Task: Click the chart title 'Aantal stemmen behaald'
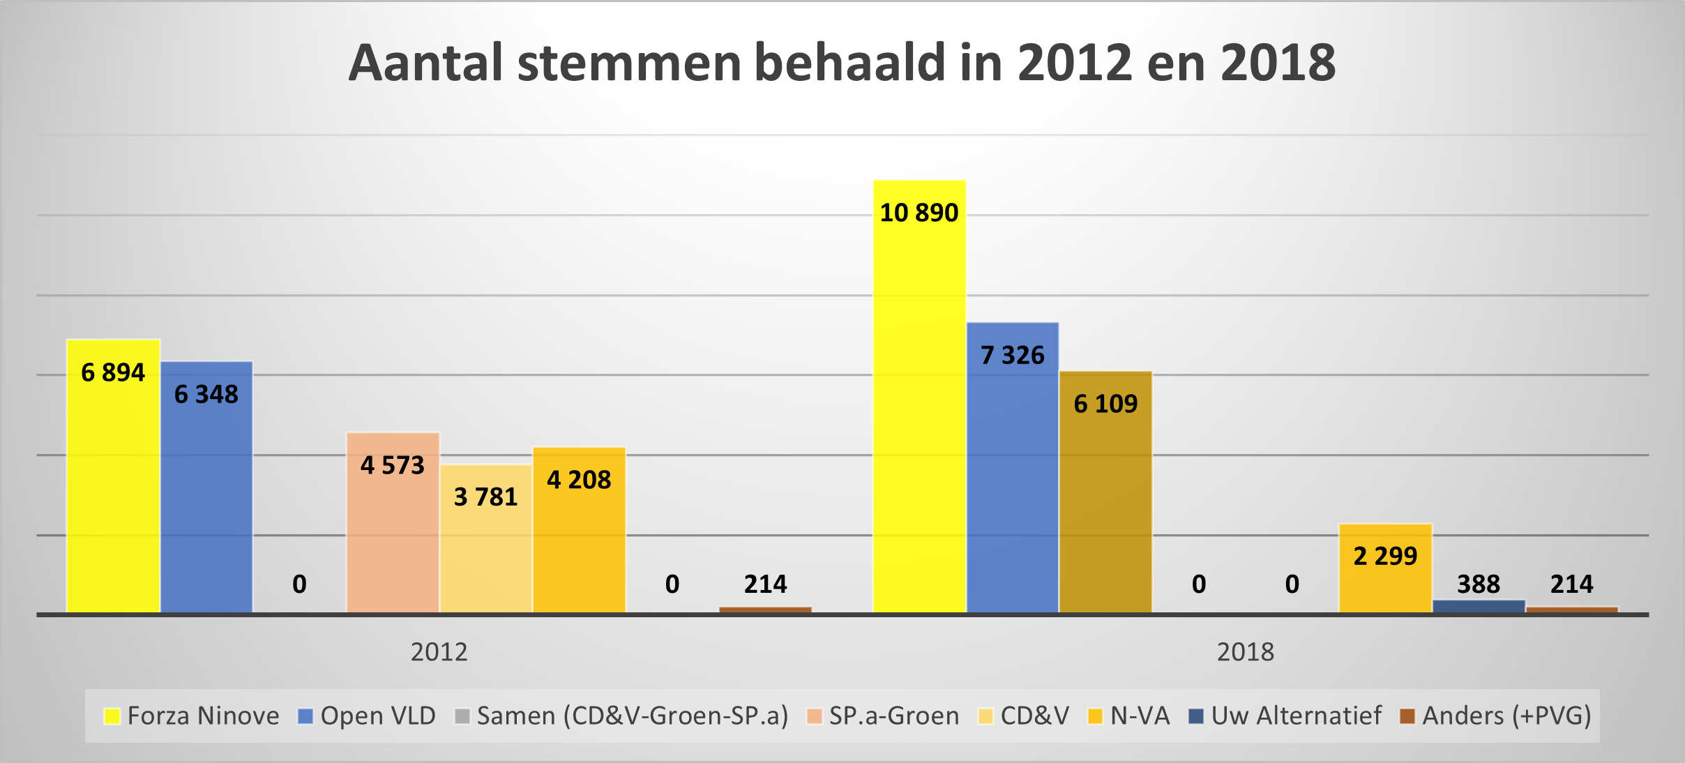tap(842, 63)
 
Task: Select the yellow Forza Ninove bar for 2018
tap(919, 418)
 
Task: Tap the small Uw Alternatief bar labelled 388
tap(1479, 606)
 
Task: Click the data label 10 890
tap(919, 213)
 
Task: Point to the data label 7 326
tap(1013, 356)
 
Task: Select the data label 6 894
tap(113, 372)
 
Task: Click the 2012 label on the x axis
tap(439, 652)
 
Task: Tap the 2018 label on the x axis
tap(1246, 652)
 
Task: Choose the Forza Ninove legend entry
tap(192, 716)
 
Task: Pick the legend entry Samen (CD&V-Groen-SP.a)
tap(621, 716)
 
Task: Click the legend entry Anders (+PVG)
tap(1496, 716)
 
